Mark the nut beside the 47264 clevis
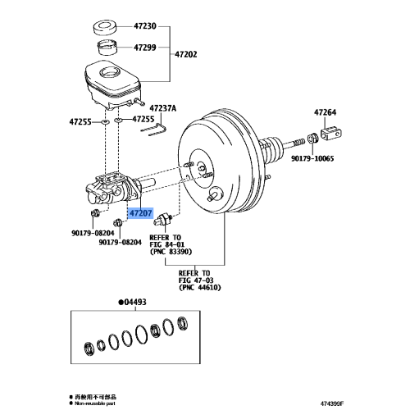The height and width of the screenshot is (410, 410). (x=312, y=136)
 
